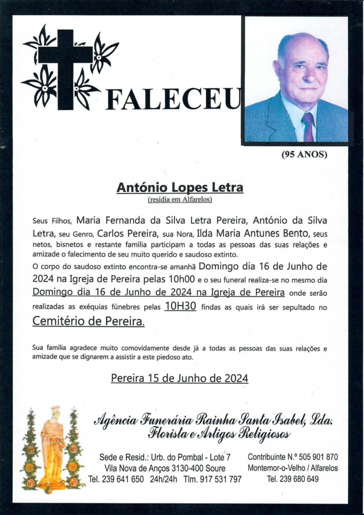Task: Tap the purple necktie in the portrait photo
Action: click(x=308, y=127)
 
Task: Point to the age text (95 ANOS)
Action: click(x=304, y=155)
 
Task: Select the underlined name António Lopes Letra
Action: click(x=179, y=188)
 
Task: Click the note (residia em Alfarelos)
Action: click(x=179, y=200)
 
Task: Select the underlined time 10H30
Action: click(x=180, y=306)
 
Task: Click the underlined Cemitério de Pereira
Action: click(x=88, y=321)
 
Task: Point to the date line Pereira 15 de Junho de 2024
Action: click(x=179, y=378)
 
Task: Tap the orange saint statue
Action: click(x=52, y=448)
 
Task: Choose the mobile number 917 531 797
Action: click(x=220, y=479)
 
